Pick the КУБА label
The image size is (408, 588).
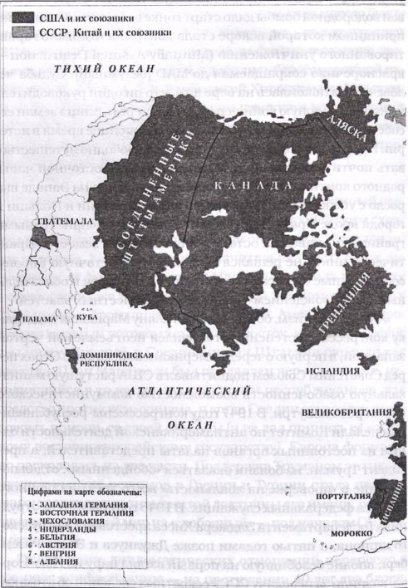click(x=88, y=316)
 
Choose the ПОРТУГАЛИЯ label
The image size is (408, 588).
click(x=359, y=496)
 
